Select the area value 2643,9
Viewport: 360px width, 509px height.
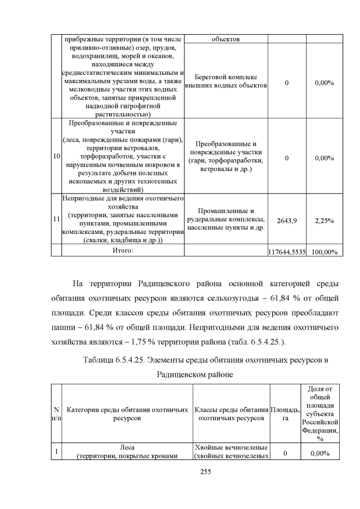point(287,220)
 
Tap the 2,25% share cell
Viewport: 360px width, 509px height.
point(324,220)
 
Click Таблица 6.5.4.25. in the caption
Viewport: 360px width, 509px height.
point(116,359)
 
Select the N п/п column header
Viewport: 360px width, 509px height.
point(56,413)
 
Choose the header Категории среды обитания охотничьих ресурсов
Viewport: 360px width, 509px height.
point(127,413)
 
